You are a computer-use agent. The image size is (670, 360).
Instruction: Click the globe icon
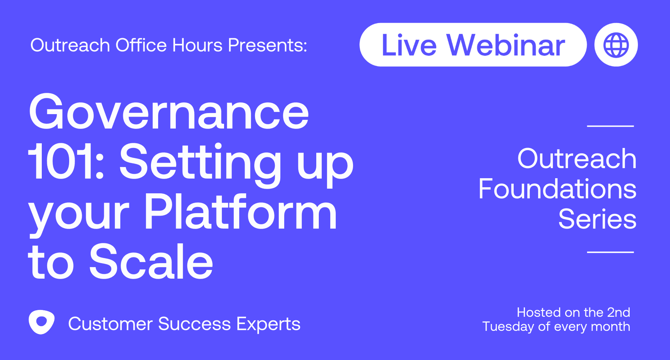616,45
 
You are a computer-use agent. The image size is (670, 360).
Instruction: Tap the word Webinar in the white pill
506,45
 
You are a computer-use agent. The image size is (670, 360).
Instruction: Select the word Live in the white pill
409,45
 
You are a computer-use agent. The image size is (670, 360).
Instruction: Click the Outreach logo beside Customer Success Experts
41,322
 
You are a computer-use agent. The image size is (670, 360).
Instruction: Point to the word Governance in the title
169,112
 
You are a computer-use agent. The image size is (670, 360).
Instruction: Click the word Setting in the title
200,164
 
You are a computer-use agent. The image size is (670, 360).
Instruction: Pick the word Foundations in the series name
558,189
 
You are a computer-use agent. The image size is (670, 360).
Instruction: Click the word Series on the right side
598,219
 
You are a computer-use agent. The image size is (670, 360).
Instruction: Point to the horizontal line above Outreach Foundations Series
611,126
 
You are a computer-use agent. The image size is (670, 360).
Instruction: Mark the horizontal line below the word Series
611,252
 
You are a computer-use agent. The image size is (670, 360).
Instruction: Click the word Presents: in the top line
268,45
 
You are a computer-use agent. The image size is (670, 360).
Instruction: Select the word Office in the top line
141,45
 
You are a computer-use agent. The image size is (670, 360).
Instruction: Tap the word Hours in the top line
197,45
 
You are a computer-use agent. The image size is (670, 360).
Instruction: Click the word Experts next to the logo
268,324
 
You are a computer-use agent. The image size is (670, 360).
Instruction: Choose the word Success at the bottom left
194,324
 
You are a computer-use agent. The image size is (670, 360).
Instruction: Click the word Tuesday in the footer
508,327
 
